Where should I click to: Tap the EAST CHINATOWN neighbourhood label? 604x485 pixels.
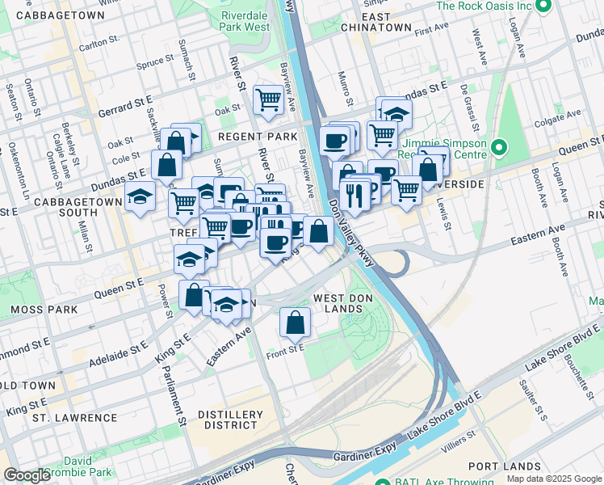(375, 22)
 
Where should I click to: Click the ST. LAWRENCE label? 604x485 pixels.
(74, 418)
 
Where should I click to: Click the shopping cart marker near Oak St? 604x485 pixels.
(268, 100)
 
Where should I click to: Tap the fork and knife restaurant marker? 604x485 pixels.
(354, 196)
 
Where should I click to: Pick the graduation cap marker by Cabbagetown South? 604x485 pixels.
(140, 196)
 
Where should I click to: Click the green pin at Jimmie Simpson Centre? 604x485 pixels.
(498, 147)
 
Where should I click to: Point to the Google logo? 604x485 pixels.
(27, 475)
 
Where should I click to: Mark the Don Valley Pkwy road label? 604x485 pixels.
(349, 238)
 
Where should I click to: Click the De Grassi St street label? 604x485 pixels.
(464, 98)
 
